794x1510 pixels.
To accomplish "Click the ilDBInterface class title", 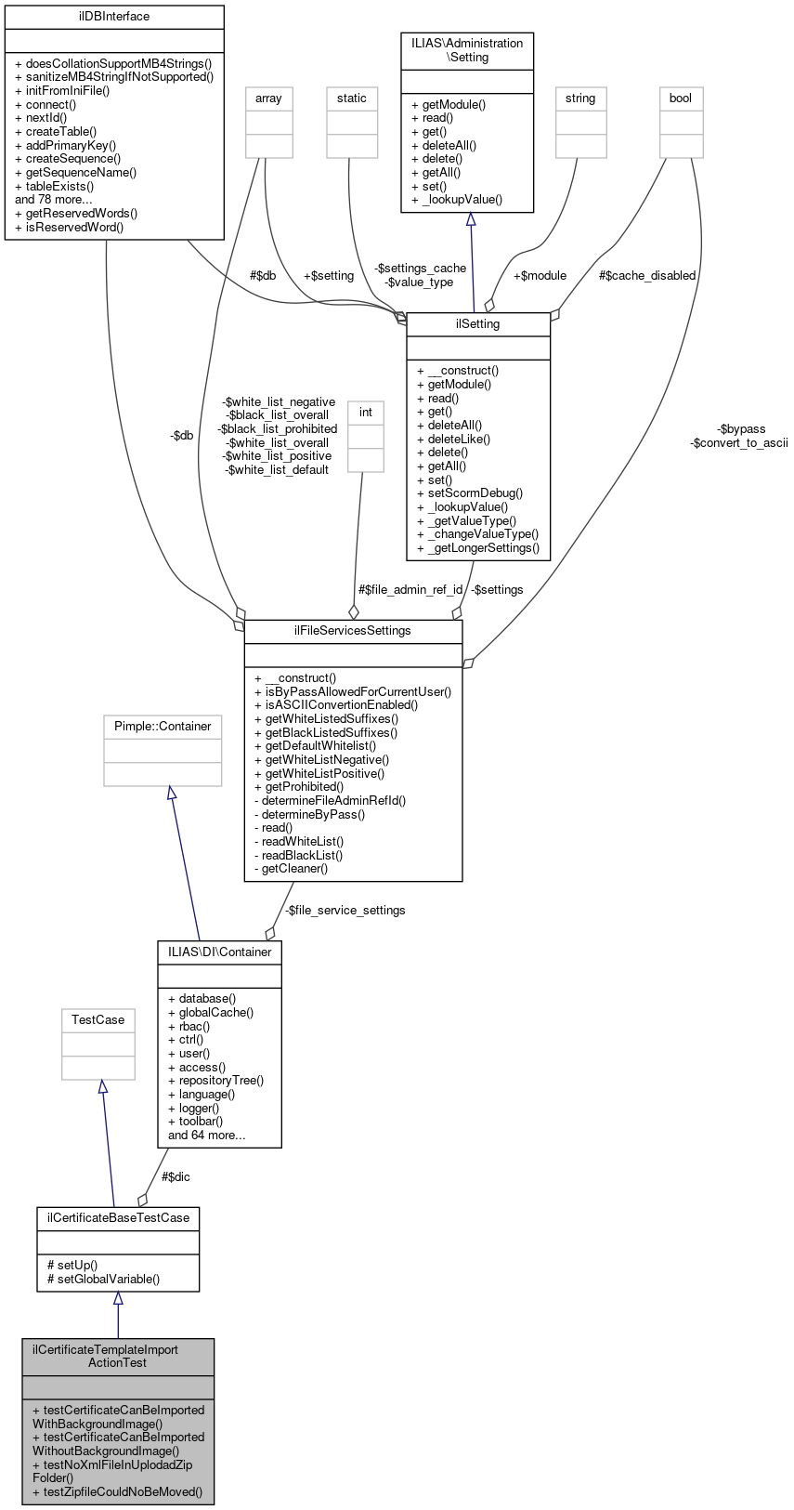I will [x=114, y=17].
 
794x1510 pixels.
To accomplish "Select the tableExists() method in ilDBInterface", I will [x=54, y=186].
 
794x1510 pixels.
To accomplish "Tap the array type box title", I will [x=268, y=98].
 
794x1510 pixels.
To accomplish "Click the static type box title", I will [x=352, y=98].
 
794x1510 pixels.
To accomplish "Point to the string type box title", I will [x=580, y=98].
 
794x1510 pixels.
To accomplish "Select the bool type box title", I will [x=681, y=98].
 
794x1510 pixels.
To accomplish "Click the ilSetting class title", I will [x=478, y=324].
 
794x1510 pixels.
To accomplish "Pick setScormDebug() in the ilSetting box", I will [x=470, y=493].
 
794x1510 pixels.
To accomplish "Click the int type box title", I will [x=366, y=413].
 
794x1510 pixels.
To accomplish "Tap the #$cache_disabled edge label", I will [x=647, y=276].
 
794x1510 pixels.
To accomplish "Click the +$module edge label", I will [x=540, y=276].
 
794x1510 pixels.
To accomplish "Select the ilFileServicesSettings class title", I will [x=353, y=631].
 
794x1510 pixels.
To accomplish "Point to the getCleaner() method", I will [x=291, y=869].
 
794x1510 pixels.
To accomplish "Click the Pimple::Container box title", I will [x=163, y=727].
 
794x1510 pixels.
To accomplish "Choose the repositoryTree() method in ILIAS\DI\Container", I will [x=215, y=1081].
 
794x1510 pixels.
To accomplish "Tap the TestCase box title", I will [x=98, y=1020].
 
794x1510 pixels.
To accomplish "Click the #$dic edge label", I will [x=176, y=1177].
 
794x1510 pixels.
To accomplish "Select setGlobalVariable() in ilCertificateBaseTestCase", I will [x=103, y=1279].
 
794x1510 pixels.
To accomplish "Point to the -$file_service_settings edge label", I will [x=345, y=911].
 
